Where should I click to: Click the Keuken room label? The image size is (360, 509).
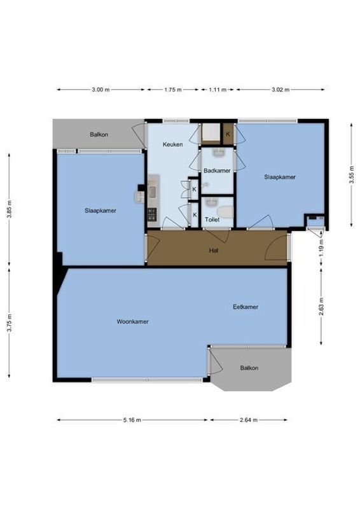click(173, 145)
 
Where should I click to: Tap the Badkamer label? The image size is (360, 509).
click(216, 170)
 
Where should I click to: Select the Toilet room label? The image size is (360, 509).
click(212, 220)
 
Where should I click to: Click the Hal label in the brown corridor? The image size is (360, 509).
click(214, 251)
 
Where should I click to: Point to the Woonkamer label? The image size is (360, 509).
click(132, 321)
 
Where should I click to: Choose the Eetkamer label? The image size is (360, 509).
click(246, 307)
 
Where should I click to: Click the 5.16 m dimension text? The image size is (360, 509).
click(132, 420)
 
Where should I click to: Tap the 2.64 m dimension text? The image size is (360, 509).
click(247, 420)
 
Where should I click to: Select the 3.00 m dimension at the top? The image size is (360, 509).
click(100, 90)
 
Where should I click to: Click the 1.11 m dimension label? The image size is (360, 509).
click(218, 90)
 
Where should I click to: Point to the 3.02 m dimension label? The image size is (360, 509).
click(280, 90)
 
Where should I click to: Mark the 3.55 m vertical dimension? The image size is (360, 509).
click(351, 175)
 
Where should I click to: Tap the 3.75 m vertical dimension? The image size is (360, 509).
click(9, 324)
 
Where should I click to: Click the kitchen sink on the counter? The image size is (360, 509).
click(152, 190)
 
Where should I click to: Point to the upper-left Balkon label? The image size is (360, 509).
click(99, 134)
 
